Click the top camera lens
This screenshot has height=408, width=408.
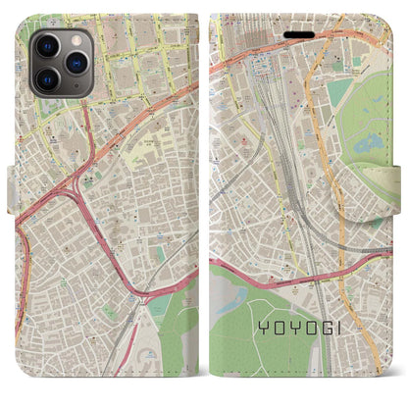point(46,46)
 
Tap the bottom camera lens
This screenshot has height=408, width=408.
point(46,76)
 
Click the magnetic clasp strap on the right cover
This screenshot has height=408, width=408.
point(397,178)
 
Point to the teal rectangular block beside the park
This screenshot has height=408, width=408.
point(338,93)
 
